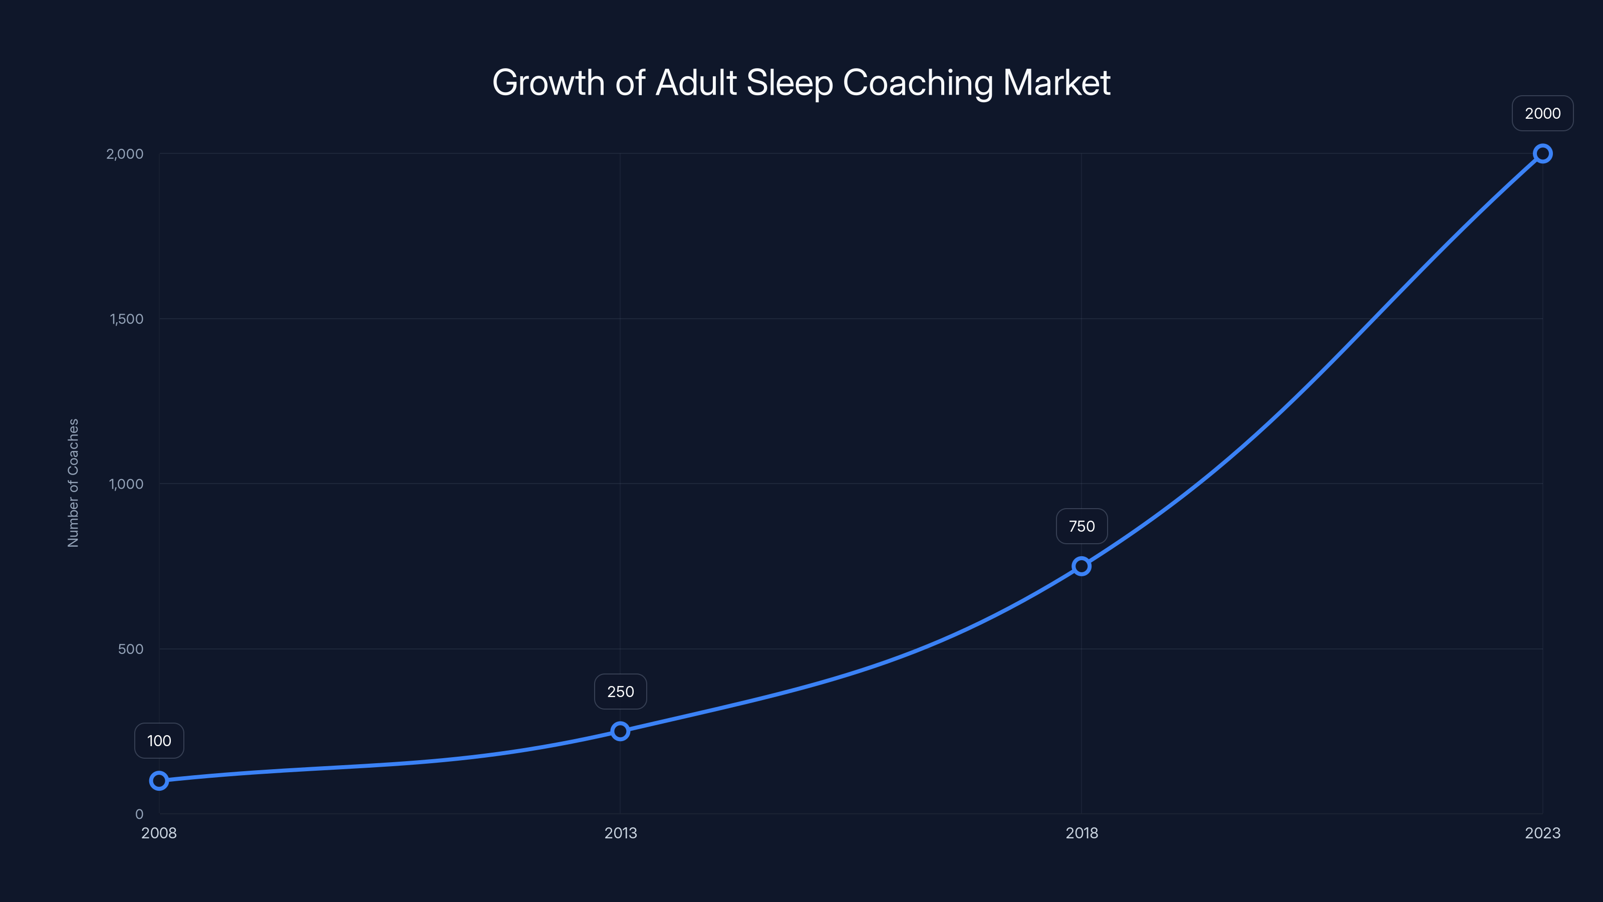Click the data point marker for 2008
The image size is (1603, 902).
(159, 781)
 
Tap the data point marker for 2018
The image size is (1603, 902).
(1082, 566)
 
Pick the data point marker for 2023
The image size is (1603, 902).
(1543, 153)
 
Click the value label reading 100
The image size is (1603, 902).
(159, 741)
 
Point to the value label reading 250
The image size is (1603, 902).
(621, 692)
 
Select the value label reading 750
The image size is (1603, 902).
(1082, 526)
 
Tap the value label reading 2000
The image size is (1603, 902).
(1543, 113)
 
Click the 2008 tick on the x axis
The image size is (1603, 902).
(159, 833)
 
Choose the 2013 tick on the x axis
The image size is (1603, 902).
(621, 833)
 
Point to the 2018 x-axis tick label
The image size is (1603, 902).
(1082, 833)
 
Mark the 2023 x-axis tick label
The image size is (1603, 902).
(1543, 833)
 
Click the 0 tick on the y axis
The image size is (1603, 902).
(139, 814)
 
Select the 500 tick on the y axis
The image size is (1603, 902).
(131, 648)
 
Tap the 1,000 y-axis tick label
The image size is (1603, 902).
(126, 484)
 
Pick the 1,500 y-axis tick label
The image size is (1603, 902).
(126, 319)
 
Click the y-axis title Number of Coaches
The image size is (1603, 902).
(74, 483)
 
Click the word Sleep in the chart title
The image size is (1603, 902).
(789, 83)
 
